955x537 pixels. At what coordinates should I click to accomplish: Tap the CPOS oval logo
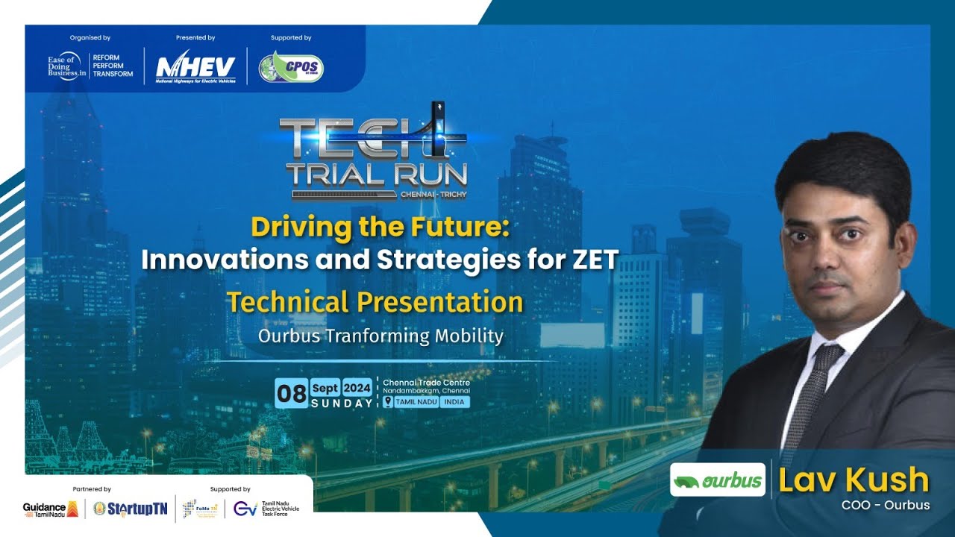click(x=291, y=67)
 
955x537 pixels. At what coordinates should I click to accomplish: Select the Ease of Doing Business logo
click(x=90, y=66)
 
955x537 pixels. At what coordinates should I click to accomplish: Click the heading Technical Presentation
click(x=375, y=302)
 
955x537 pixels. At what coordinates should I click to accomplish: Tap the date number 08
click(x=291, y=393)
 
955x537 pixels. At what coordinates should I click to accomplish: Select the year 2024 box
click(x=357, y=388)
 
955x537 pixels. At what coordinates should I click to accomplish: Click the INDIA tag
click(x=453, y=402)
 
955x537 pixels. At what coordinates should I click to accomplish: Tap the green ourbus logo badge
click(x=717, y=480)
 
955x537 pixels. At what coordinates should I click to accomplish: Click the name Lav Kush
click(x=854, y=480)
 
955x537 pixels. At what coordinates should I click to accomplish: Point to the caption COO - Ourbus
click(x=885, y=505)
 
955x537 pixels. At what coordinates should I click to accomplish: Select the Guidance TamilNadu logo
click(x=51, y=509)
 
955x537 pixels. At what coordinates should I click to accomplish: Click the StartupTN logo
click(x=131, y=509)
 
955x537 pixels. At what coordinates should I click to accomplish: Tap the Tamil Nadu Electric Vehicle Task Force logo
click(x=267, y=509)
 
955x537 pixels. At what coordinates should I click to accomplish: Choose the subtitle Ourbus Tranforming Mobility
click(x=381, y=336)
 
